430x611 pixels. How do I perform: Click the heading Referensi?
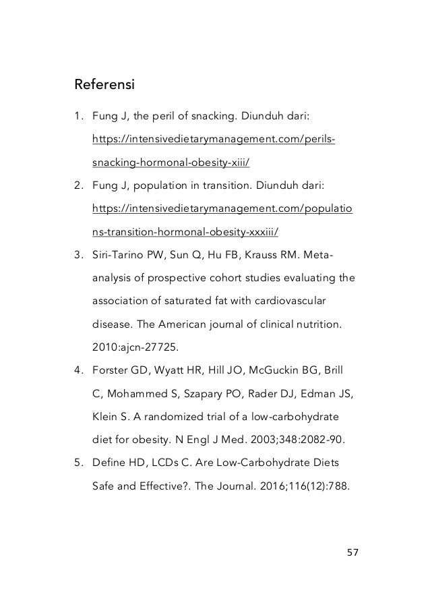(104, 86)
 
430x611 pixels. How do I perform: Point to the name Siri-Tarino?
(120, 255)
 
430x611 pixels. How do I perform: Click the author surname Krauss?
(265, 255)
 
